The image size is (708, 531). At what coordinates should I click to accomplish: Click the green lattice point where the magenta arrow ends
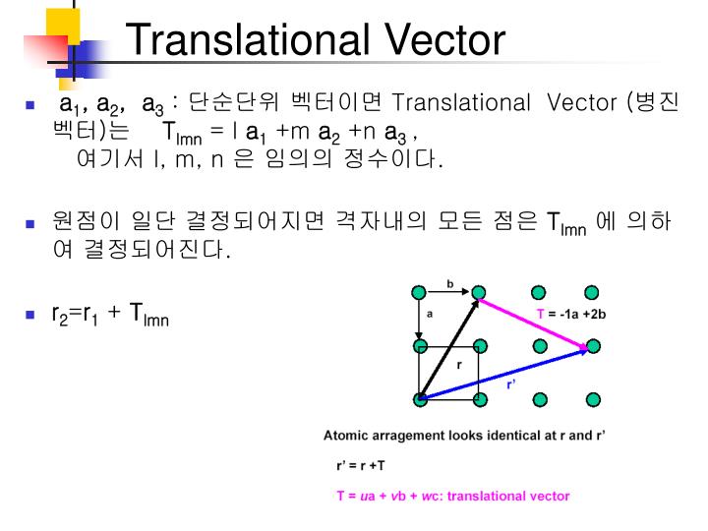(593, 346)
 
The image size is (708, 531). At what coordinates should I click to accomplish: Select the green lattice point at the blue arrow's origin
(420, 399)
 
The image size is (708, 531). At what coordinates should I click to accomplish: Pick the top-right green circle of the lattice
(592, 292)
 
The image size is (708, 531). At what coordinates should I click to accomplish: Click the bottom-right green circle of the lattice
(592, 399)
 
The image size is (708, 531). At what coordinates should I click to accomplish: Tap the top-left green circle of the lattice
(420, 292)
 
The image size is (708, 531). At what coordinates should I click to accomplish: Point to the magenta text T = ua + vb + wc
(452, 496)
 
